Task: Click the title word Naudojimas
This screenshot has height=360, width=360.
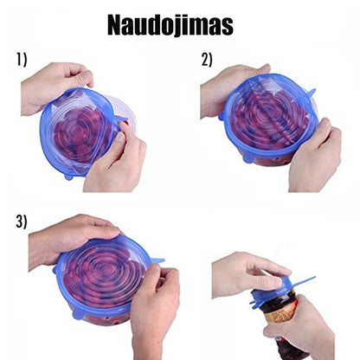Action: tap(170, 25)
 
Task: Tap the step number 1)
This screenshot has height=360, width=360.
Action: tap(22, 60)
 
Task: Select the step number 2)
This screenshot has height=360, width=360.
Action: tap(207, 60)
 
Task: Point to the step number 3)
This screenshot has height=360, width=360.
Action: tap(21, 222)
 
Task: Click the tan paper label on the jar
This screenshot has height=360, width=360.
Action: tap(279, 314)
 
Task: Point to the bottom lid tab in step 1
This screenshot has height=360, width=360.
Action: tap(68, 177)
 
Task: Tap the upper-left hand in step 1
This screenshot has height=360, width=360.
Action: tap(55, 87)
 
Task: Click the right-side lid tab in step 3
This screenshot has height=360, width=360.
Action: tap(157, 260)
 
